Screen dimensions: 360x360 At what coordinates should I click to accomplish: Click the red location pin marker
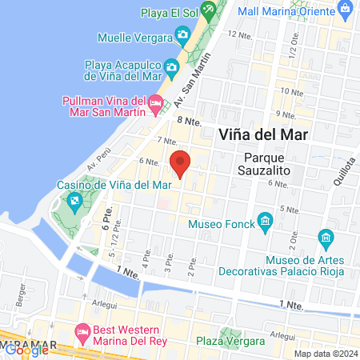pyautogui.click(x=181, y=163)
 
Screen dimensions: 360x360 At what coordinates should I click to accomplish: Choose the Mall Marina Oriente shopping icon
pyautogui.click(x=345, y=11)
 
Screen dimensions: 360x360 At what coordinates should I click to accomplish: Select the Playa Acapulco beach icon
pyautogui.click(x=172, y=66)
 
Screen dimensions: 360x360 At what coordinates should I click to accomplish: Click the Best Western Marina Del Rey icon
pyautogui.click(x=82, y=331)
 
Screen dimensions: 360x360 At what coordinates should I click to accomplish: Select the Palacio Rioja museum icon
pyautogui.click(x=326, y=238)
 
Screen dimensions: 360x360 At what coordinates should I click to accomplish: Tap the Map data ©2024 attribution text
pyautogui.click(x=325, y=353)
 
